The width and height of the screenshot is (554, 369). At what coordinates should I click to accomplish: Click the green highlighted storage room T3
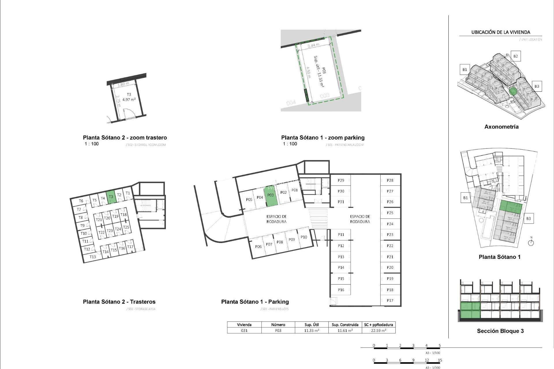tap(111, 197)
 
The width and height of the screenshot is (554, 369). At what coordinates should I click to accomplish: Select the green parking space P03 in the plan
tap(271, 196)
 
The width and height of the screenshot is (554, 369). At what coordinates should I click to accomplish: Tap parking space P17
tap(390, 300)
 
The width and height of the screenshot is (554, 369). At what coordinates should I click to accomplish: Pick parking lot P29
tap(341, 180)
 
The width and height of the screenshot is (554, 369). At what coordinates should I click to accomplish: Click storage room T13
tap(93, 257)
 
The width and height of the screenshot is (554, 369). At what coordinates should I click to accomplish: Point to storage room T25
tap(126, 227)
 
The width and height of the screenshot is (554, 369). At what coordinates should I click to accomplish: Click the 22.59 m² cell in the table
tap(379, 331)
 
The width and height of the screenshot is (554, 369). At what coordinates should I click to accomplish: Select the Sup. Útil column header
tap(312, 325)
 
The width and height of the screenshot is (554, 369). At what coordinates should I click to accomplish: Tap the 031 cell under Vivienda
tap(244, 331)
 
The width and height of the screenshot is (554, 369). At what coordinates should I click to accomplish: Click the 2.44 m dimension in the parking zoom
tap(313, 45)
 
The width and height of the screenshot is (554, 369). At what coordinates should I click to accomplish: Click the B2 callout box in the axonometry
tap(515, 56)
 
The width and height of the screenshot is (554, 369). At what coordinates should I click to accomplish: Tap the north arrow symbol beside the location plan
tap(531, 242)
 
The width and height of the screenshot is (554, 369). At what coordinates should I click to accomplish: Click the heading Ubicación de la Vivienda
tap(501, 32)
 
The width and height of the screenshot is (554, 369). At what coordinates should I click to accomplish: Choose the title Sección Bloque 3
tap(500, 331)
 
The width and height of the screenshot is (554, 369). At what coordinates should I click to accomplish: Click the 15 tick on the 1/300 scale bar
tap(440, 360)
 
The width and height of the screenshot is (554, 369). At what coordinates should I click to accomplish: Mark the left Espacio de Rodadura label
tap(276, 219)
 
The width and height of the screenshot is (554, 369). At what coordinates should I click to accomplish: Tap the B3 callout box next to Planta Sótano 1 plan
tap(528, 219)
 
